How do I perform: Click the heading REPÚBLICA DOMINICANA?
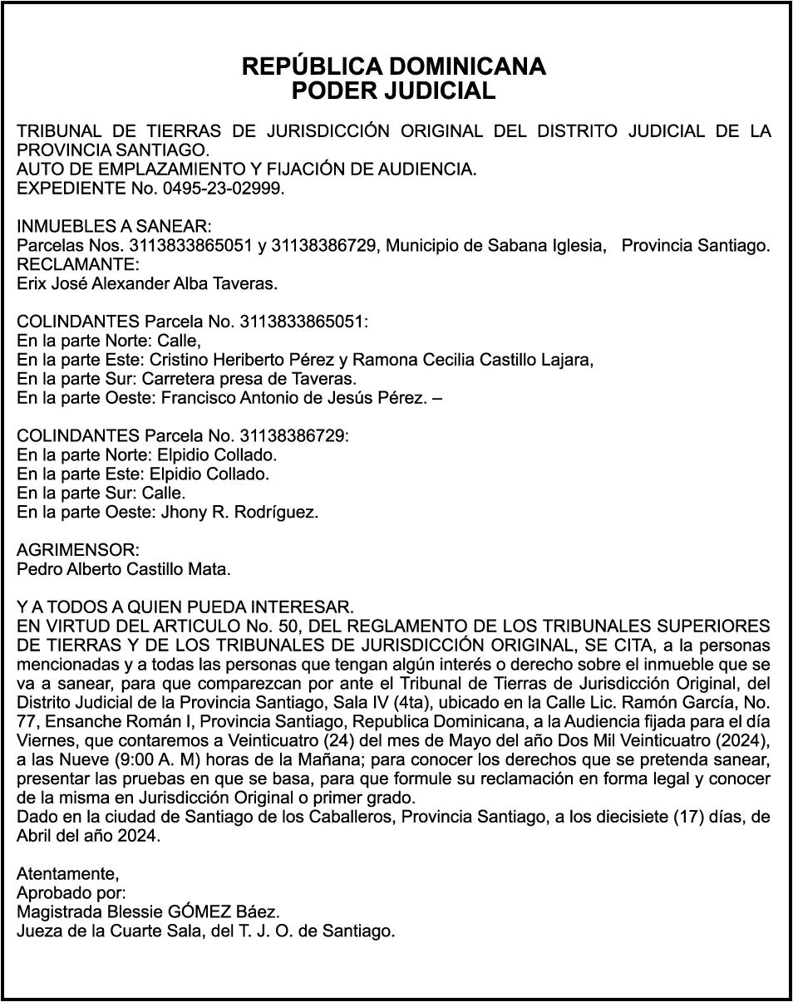point(393,66)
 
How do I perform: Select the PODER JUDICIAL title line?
point(393,91)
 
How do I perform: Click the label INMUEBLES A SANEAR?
point(115,227)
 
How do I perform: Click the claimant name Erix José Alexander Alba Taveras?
point(147,284)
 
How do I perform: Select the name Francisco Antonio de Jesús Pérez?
point(295,399)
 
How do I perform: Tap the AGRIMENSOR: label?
point(78,551)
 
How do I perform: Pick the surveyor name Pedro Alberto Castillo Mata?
point(124,570)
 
